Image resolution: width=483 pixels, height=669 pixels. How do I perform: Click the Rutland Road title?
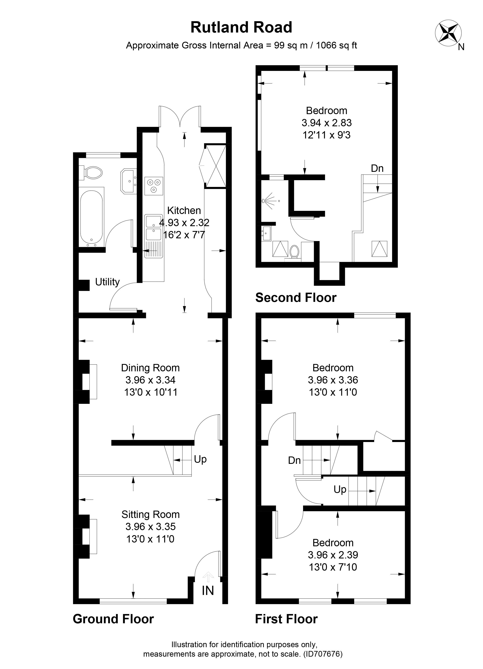pos(241,27)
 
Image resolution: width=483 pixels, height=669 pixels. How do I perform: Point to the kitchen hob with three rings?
pos(154,186)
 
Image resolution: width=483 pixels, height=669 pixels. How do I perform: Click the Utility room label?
pos(107,282)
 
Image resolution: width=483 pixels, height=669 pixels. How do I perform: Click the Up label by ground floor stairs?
pos(200,459)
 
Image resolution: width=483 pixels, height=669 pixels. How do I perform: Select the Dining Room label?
pos(150,368)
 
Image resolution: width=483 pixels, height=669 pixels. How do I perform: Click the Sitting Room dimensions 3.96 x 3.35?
pos(150,527)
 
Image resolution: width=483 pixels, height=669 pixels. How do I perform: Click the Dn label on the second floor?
pos(377,168)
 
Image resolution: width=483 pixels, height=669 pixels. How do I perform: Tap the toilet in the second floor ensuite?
pos(294,252)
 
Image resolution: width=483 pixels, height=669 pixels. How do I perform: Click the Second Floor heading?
pos(296,298)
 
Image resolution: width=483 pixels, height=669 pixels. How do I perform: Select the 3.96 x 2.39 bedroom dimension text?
pos(333,555)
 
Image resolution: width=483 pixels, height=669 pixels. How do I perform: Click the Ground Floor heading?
pos(113,619)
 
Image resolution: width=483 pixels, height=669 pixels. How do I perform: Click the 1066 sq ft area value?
pos(336,46)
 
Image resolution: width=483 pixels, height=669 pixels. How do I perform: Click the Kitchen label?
pos(184,211)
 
